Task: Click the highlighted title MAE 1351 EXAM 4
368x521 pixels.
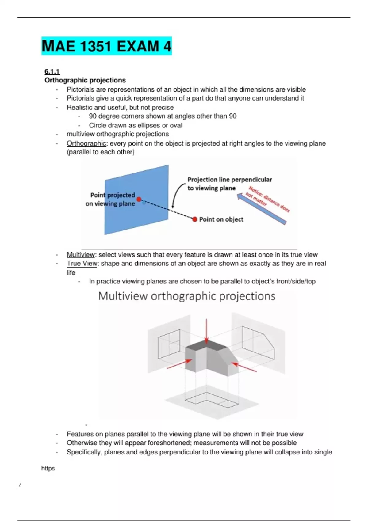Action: [106, 46]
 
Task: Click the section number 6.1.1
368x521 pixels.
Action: [52, 71]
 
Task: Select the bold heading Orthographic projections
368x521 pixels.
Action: [85, 80]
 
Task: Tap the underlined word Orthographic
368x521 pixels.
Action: [86, 143]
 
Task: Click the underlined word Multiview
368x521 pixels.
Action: [81, 255]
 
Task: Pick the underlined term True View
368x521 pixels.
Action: [82, 264]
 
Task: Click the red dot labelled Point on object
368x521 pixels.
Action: [195, 219]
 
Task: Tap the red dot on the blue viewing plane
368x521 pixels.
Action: [139, 200]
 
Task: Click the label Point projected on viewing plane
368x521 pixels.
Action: [111, 199]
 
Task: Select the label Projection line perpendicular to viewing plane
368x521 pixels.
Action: [229, 184]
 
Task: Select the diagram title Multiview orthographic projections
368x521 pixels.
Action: [186, 296]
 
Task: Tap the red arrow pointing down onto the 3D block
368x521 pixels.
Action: [206, 331]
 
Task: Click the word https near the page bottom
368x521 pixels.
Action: [48, 468]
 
